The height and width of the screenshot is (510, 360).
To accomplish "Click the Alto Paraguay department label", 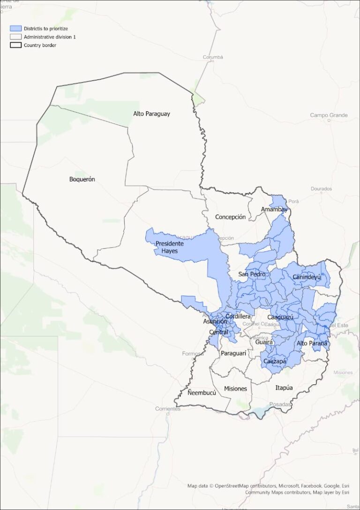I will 151,114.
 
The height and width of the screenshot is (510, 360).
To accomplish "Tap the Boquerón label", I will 82,179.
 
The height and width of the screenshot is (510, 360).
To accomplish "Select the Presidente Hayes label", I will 170,247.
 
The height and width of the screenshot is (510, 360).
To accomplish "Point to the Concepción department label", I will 230,217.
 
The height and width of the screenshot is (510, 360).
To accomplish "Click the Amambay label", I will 274,209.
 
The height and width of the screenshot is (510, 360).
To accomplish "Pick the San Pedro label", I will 252,274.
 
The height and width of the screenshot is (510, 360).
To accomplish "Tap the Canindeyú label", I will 307,277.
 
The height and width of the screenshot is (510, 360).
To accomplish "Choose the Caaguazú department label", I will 280,318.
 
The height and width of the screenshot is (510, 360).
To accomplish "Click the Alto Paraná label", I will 312,343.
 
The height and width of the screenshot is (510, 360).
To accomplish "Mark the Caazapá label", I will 275,361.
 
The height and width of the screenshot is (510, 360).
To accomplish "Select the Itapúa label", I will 284,388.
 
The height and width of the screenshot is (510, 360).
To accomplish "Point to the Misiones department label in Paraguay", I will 235,388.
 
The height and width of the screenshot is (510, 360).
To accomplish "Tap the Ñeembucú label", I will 202,393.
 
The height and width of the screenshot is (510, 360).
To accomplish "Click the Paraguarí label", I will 233,352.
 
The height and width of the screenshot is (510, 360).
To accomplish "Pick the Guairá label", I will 264,343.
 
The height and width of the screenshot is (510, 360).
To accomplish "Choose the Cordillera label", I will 238,316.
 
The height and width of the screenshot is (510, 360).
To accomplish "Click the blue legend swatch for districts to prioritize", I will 16,29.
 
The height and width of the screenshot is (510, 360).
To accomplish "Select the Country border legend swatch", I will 16,45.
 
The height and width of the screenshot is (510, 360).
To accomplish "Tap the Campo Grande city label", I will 329,115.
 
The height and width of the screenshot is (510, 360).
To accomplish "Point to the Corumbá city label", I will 213,57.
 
